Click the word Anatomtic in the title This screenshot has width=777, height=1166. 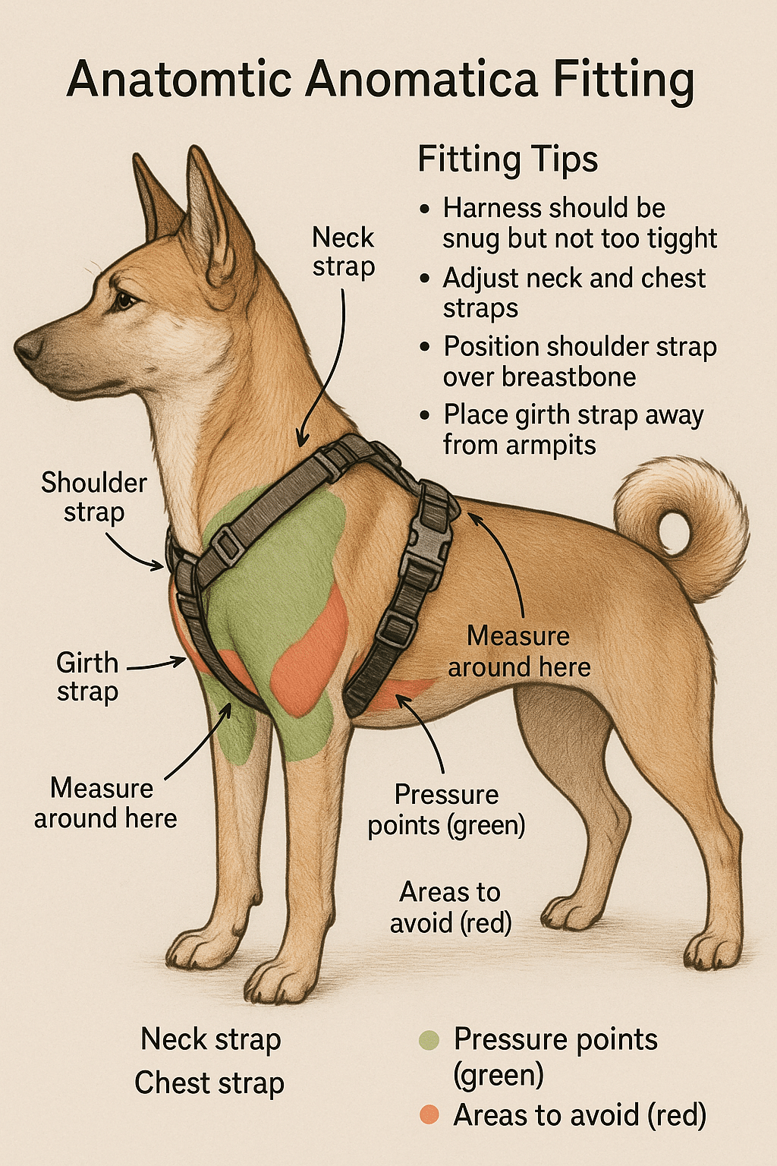179,80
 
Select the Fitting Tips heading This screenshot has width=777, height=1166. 508,160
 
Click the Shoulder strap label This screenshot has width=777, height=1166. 94,497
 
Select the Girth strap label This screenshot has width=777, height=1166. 87,677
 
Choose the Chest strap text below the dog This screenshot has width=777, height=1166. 209,1083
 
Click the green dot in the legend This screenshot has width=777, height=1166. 429,1040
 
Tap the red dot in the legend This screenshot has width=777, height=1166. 429,1114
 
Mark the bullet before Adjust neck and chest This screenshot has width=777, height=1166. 425,279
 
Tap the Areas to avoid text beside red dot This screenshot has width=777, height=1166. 580,1115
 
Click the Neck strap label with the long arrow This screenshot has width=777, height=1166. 344,252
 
